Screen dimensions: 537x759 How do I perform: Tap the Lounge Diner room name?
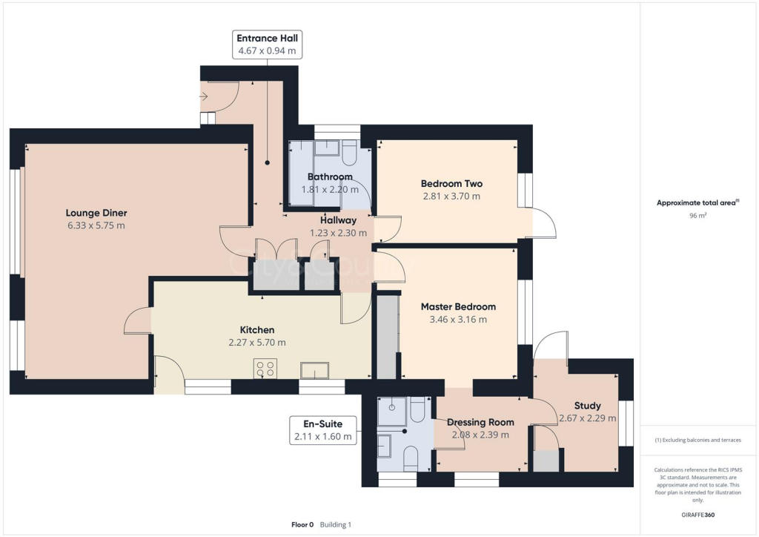click(96, 213)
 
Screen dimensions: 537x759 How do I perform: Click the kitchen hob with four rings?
click(265, 369)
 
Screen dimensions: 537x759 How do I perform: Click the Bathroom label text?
click(330, 177)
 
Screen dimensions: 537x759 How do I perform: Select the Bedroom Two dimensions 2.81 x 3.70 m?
click(451, 197)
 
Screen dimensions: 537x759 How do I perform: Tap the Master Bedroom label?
click(458, 306)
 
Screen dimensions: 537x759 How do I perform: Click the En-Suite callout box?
click(322, 430)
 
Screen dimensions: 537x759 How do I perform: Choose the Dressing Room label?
click(480, 422)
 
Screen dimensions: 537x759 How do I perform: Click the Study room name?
click(587, 406)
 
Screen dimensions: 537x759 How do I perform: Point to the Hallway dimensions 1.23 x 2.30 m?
click(338, 233)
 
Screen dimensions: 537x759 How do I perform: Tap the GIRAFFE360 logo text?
click(698, 515)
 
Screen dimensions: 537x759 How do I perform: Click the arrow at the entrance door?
click(205, 96)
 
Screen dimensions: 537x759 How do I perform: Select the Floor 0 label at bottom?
click(302, 524)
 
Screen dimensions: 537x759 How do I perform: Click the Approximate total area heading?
click(697, 202)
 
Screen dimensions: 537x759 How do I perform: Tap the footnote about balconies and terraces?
click(697, 440)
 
